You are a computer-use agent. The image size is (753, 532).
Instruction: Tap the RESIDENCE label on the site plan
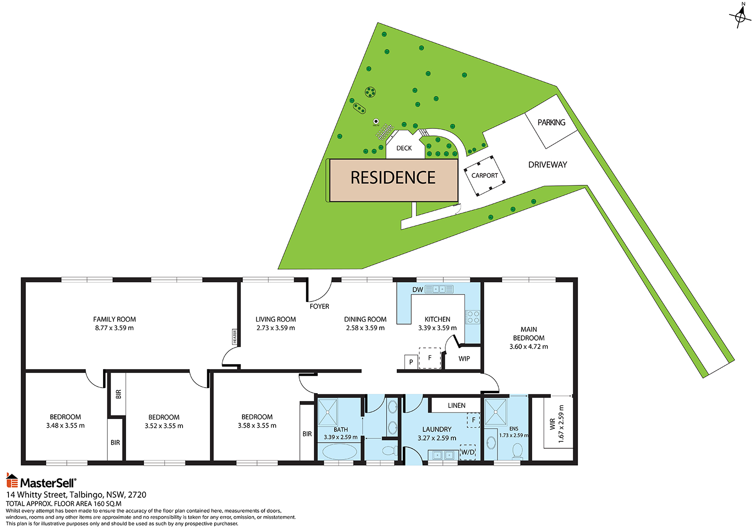click(x=393, y=177)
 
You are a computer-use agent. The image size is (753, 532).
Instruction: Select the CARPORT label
click(x=484, y=175)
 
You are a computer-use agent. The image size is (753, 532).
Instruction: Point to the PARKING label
click(x=551, y=122)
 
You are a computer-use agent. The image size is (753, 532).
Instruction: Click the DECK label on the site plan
click(x=404, y=148)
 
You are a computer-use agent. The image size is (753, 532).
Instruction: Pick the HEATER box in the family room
click(x=235, y=336)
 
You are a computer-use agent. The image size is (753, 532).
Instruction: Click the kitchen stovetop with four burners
click(x=473, y=317)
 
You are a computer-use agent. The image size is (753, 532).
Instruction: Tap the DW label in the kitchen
click(x=417, y=290)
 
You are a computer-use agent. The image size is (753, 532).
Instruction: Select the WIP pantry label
click(x=464, y=359)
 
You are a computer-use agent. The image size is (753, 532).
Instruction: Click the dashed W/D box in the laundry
click(x=468, y=452)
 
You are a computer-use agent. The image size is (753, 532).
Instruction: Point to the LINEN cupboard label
click(x=457, y=405)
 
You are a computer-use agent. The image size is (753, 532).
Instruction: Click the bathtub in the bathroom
click(x=339, y=452)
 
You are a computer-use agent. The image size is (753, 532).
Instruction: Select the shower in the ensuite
click(x=496, y=412)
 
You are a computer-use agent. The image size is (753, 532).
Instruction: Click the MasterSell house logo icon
click(x=12, y=481)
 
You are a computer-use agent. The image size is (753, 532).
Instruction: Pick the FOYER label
click(x=320, y=307)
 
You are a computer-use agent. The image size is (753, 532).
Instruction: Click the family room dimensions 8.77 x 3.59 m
click(x=114, y=328)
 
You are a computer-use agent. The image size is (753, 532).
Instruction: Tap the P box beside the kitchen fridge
click(x=411, y=362)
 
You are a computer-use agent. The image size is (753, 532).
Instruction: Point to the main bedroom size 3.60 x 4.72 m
click(x=529, y=347)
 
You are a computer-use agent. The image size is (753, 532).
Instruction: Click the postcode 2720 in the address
click(x=137, y=495)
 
